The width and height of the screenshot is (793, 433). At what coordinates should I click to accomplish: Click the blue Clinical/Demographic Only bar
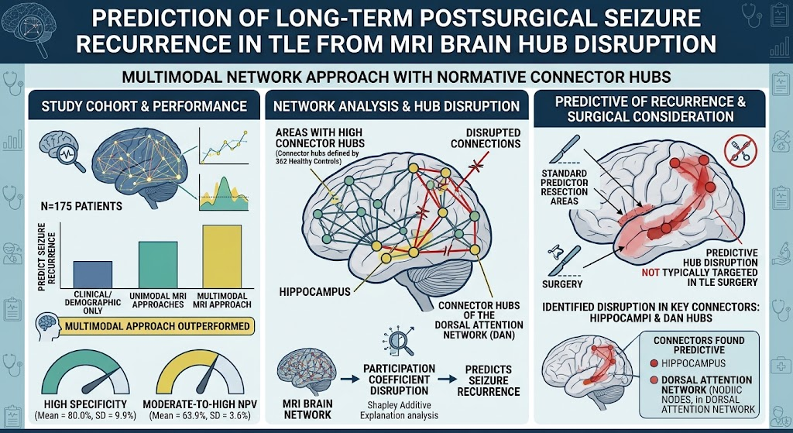coord(93,274)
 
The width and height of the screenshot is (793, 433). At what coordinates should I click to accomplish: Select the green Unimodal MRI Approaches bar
coord(158,265)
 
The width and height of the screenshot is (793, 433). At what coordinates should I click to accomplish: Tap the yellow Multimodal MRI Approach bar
coord(222,256)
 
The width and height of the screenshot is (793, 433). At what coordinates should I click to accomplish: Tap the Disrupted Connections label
coord(486,138)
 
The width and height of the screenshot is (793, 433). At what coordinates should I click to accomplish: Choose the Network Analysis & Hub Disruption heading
coord(396,106)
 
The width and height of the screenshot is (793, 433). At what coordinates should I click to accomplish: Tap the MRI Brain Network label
coord(306,409)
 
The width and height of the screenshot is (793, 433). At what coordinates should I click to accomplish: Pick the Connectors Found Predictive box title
coord(699,345)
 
